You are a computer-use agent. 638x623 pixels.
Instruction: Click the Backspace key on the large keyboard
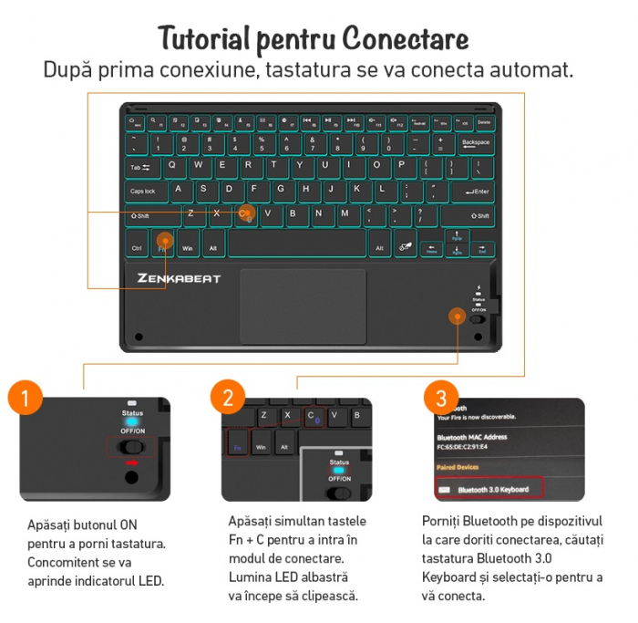[475, 143]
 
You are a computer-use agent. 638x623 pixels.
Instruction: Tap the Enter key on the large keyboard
[472, 192]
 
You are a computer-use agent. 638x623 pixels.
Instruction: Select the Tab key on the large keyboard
[141, 168]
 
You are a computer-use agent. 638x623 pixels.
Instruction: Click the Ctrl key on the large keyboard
[137, 247]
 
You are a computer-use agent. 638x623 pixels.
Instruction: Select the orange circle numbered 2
[228, 399]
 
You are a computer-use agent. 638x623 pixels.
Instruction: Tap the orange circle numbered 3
[441, 399]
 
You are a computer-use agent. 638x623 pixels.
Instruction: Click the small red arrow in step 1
[132, 464]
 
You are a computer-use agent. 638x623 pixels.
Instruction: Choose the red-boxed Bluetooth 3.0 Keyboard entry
[489, 489]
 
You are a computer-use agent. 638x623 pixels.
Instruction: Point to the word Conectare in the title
[406, 39]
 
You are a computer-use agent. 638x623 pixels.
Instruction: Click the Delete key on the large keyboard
[485, 121]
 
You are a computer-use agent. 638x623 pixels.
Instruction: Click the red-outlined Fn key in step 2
[237, 448]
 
